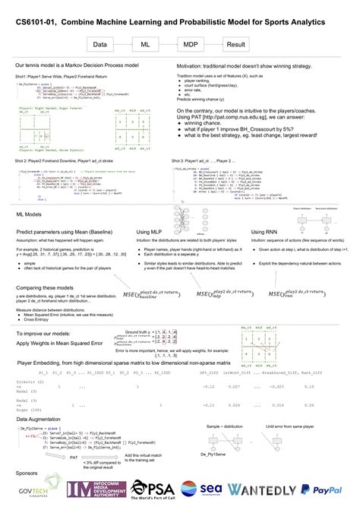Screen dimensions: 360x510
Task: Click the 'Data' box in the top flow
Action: click(99, 45)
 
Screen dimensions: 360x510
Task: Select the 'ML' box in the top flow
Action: click(145, 45)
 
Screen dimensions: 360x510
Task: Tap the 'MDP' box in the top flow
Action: click(191, 45)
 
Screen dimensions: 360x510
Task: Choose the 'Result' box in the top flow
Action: click(236, 45)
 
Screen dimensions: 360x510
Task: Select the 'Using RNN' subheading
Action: click(266, 231)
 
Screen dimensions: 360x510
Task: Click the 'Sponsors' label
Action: click(27, 472)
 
